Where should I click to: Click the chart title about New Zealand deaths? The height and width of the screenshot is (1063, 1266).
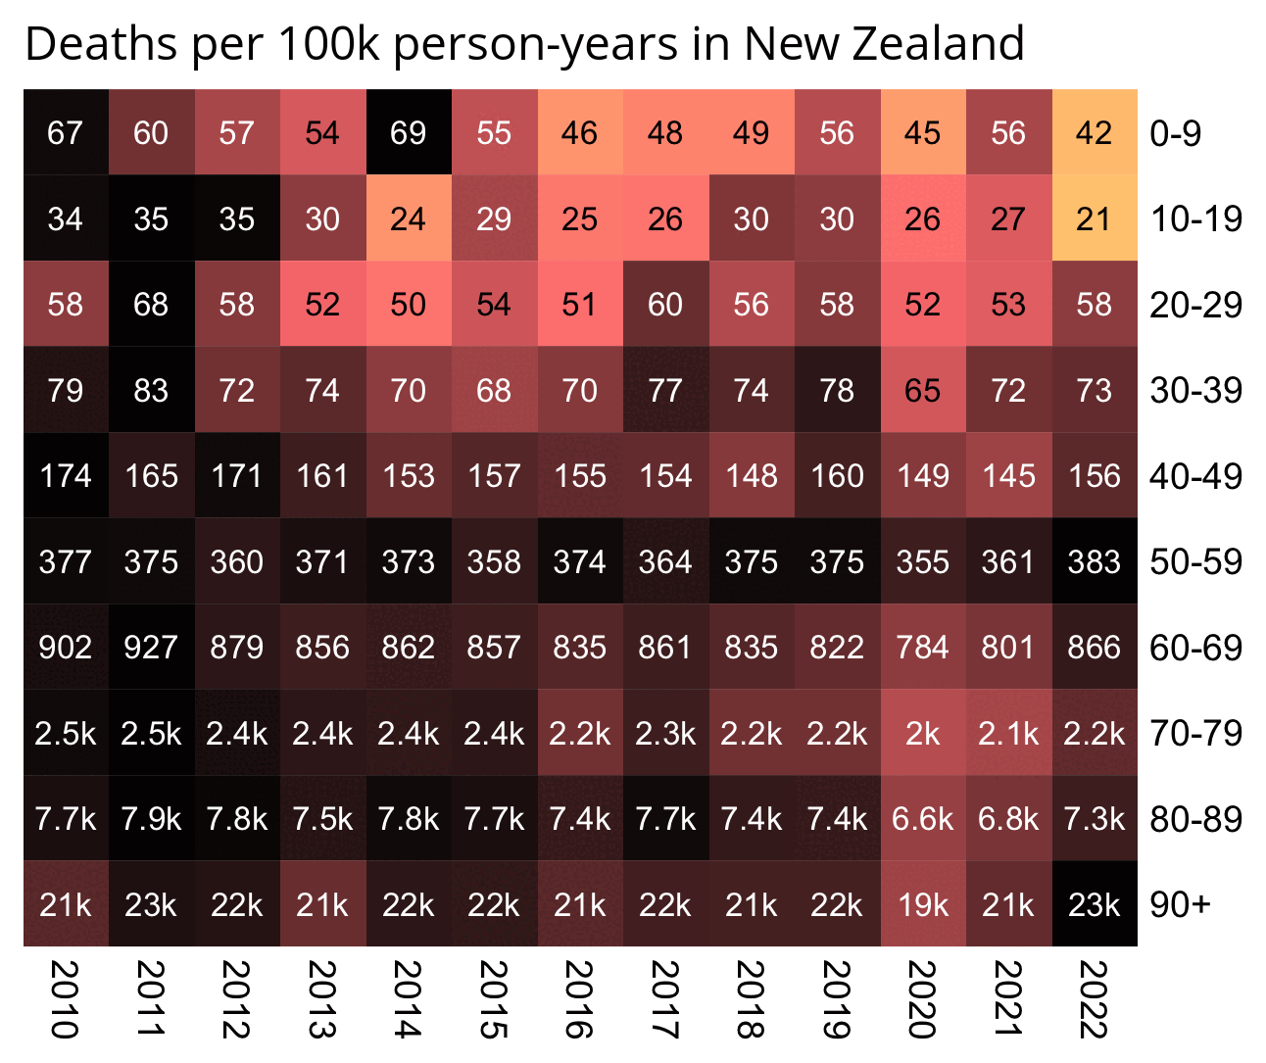(x=524, y=44)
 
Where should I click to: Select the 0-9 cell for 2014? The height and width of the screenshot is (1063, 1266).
(x=409, y=132)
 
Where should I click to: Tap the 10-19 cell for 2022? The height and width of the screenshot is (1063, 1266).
(x=1095, y=218)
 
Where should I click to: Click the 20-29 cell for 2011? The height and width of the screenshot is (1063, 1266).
(x=151, y=304)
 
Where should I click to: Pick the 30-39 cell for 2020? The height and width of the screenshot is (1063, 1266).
(x=923, y=390)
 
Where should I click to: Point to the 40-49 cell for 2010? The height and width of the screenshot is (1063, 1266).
(x=66, y=475)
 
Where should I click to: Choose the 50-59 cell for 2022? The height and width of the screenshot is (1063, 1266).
(x=1095, y=561)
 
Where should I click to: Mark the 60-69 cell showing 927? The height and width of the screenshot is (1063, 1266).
(x=151, y=647)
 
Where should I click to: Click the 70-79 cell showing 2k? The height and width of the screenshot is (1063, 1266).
(x=923, y=733)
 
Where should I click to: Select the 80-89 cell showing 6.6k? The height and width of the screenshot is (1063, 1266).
(x=923, y=818)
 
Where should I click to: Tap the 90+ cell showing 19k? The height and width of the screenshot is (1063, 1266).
(x=923, y=904)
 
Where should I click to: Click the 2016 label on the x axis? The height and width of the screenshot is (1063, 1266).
(x=579, y=999)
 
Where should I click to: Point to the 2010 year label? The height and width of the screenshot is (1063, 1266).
(x=65, y=999)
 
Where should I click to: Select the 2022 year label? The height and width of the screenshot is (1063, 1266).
(x=1094, y=999)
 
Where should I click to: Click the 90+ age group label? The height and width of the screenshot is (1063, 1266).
(x=1180, y=904)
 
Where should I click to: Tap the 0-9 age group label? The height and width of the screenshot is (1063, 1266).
(x=1176, y=132)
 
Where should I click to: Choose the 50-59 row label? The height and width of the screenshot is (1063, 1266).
(x=1195, y=561)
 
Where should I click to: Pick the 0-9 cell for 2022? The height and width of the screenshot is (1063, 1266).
(x=1095, y=132)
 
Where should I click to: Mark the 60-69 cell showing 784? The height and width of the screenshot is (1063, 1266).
(x=923, y=647)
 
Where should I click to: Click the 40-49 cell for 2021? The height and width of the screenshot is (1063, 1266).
(x=1008, y=475)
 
